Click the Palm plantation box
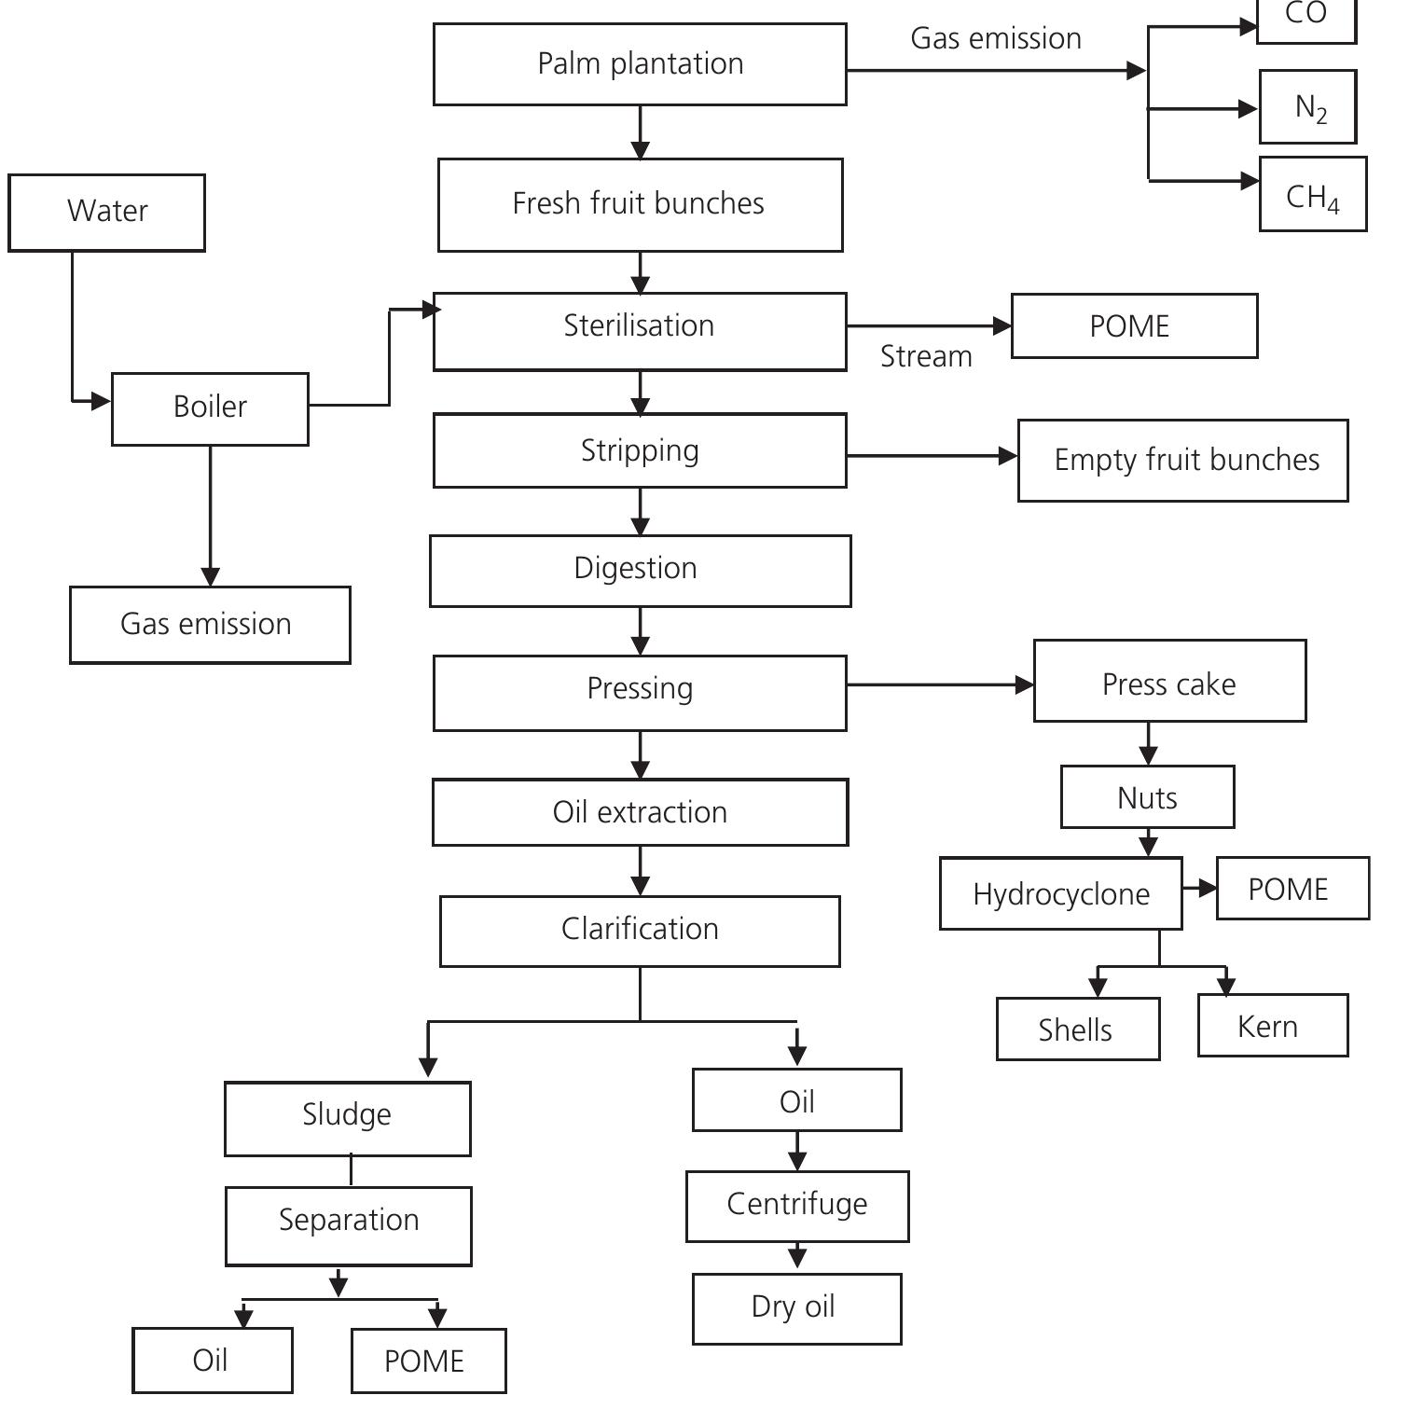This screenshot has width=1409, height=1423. click(x=640, y=64)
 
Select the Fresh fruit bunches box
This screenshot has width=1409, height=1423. click(x=640, y=204)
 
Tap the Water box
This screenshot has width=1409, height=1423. click(x=106, y=212)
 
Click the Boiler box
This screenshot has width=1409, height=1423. click(x=210, y=408)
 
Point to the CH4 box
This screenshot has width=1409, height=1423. click(x=1312, y=194)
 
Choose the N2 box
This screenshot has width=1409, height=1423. click(x=1307, y=106)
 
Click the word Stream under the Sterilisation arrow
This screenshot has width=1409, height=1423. click(x=926, y=356)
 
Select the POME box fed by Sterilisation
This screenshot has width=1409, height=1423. click(x=1134, y=326)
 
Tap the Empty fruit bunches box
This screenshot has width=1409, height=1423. click(x=1182, y=461)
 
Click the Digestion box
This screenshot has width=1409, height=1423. click(x=640, y=570)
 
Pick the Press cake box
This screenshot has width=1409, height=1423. click(x=1169, y=681)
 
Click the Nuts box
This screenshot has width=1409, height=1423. click(x=1147, y=797)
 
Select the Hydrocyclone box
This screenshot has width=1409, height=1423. click(x=1060, y=893)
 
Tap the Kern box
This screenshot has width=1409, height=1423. click(x=1272, y=1025)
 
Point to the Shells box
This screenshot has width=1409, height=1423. click(x=1077, y=1029)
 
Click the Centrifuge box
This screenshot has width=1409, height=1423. click(x=797, y=1206)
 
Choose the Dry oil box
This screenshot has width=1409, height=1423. click(x=796, y=1308)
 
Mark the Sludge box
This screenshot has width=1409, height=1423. click(x=347, y=1118)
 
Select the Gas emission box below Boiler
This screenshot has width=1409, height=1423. click(x=210, y=625)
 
